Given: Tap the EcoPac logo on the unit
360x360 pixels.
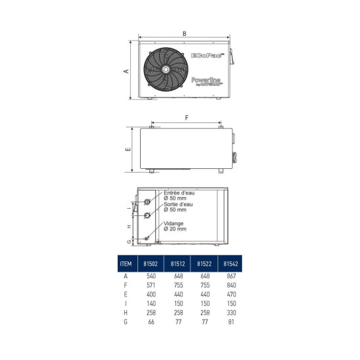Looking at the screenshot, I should pyautogui.click(x=208, y=56).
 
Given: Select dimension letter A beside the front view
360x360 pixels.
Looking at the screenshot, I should pyautogui.click(x=126, y=71).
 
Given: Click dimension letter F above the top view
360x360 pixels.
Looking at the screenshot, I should pyautogui.click(x=187, y=118).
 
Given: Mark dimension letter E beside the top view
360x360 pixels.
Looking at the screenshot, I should pyautogui.click(x=128, y=149).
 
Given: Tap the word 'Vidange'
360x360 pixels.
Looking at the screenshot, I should pyautogui.click(x=174, y=225).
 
